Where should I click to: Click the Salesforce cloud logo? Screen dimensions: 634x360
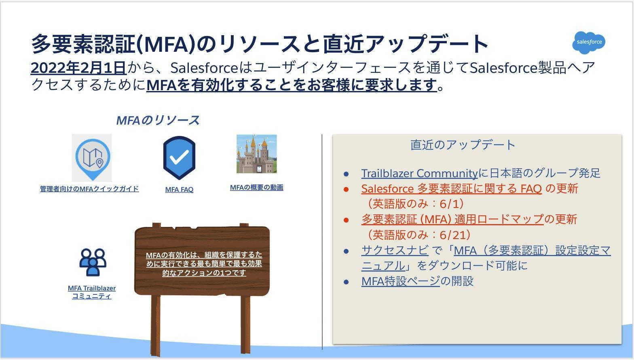[589, 42]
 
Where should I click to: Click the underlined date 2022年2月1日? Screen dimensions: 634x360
[78, 68]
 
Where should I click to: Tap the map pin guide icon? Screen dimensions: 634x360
[92, 158]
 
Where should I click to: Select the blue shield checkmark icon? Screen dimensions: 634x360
[179, 158]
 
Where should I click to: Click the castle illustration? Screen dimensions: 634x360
[257, 154]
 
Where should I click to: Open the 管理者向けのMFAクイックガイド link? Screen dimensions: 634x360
[89, 189]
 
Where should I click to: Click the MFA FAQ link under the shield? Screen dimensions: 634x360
[179, 189]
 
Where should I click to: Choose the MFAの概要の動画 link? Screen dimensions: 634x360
[257, 188]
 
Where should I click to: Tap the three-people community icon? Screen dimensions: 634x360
[93, 262]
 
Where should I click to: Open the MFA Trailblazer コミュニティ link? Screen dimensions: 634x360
[92, 292]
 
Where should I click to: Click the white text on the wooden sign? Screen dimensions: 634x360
[204, 264]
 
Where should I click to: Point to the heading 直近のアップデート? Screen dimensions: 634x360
[463, 145]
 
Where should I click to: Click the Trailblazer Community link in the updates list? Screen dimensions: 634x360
[419, 174]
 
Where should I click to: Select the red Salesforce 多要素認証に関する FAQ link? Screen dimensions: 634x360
[451, 188]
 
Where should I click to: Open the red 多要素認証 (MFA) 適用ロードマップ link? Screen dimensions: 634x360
[452, 220]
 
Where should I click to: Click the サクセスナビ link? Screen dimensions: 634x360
[395, 250]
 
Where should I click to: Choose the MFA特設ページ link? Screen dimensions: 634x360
[400, 281]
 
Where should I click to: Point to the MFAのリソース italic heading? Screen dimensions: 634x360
[158, 121]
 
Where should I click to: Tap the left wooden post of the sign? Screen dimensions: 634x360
[156, 325]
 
